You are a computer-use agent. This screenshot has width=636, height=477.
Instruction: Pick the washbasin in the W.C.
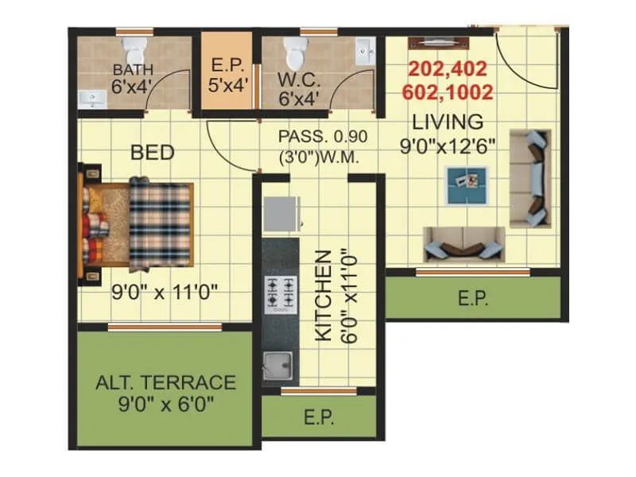tap(366, 53)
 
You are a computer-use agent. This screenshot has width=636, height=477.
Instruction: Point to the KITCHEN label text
tap(323, 296)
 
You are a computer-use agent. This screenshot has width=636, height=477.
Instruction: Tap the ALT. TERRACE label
tap(165, 382)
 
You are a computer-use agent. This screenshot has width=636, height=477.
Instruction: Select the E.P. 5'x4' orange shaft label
tap(225, 74)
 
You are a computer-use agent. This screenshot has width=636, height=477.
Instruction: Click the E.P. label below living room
tap(473, 299)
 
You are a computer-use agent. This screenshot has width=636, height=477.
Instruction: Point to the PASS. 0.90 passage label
tap(318, 135)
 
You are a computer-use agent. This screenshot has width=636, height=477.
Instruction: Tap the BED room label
tap(153, 152)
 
